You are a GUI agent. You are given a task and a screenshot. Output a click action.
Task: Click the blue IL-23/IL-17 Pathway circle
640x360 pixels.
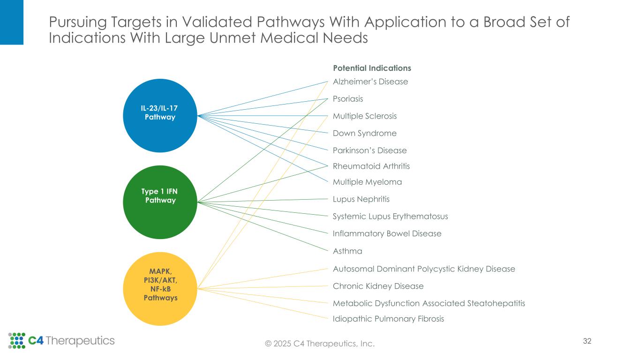pos(160,115)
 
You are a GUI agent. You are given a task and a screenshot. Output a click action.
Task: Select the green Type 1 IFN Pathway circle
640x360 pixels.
pos(160,202)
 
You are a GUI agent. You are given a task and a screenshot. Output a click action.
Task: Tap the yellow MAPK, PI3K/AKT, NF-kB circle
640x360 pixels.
pos(160,288)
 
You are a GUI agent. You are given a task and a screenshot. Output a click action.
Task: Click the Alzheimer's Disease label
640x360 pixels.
pos(370,82)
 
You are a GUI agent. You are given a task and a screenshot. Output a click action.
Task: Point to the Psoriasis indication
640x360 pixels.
pos(347,99)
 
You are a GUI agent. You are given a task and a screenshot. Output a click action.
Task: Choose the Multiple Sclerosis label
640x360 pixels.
pos(364,116)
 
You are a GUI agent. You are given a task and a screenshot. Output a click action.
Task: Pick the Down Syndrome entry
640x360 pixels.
pos(364,133)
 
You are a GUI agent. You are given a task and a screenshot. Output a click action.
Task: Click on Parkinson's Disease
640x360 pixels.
pos(369,150)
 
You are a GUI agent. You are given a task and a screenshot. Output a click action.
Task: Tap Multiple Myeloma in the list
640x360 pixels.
pos(367,182)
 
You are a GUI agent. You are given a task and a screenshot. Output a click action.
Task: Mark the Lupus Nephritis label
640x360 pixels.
pos(361,199)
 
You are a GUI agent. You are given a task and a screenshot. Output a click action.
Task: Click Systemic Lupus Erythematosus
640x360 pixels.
pos(390,216)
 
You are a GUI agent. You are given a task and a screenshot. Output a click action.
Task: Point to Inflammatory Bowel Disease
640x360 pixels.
pos(387,233)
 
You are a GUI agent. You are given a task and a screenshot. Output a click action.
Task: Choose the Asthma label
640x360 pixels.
pos(347,251)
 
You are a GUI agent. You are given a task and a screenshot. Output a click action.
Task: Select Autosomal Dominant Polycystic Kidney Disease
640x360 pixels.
pos(424,269)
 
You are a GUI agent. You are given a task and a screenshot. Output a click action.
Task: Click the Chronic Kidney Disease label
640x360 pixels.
pos(378,286)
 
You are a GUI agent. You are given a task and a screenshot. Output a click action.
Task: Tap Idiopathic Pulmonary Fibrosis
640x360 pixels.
pos(388,319)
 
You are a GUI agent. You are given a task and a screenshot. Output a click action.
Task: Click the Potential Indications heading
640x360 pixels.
pos(372,68)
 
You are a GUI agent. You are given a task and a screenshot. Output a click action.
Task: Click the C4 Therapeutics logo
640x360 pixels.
pos(61,341)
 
